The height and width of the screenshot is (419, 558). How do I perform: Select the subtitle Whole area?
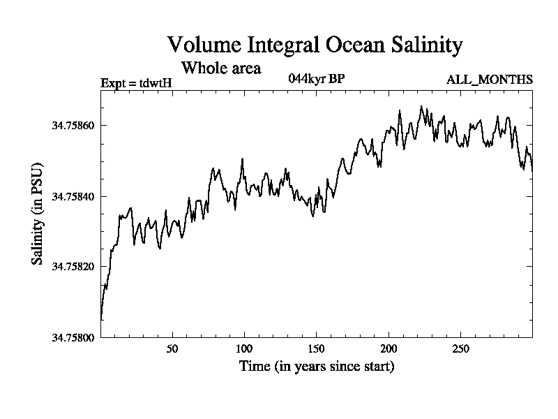(221, 68)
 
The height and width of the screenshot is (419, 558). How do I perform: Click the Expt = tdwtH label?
(136, 82)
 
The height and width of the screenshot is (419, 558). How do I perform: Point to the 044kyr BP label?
(316, 78)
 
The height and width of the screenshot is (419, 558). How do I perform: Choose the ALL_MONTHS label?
(490, 80)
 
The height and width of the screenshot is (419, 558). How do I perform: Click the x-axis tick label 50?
(172, 349)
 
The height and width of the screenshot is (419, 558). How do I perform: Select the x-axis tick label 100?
(244, 349)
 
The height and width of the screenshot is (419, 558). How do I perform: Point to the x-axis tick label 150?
(317, 349)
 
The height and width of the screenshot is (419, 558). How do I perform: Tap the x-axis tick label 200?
(389, 349)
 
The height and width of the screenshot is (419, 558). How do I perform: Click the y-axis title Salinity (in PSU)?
(38, 214)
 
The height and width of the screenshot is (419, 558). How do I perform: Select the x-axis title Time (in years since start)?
(317, 366)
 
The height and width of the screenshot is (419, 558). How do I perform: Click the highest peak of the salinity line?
(421, 106)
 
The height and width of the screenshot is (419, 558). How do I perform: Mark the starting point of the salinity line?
(101, 320)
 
